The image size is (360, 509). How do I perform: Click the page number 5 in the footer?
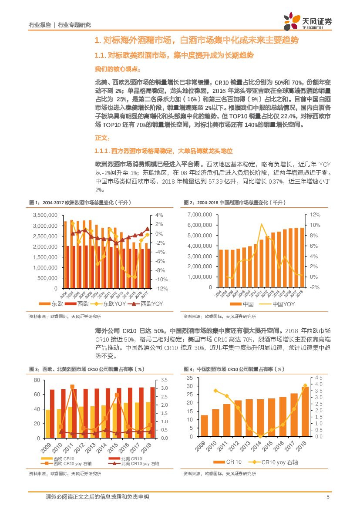click(x=327, y=497)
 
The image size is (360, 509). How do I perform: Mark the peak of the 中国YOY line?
click(x=262, y=224)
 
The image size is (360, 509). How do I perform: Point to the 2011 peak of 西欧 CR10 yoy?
click(x=72, y=387)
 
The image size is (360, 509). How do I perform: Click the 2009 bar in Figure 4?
click(x=204, y=425)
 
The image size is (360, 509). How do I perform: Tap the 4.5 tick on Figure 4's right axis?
click(x=318, y=378)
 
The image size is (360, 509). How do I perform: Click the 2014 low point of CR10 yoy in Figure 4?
click(x=260, y=436)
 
